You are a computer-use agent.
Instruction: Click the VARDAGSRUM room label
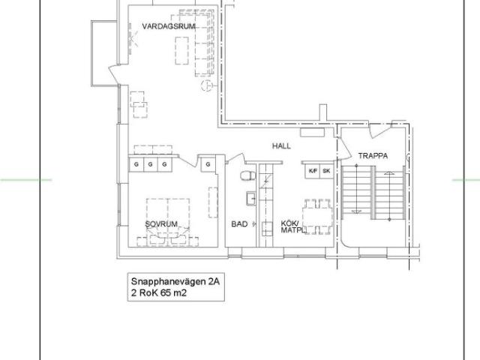coord(169,26)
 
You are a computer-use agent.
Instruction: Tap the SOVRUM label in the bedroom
coord(161,224)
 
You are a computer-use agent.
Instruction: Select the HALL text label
coord(282,146)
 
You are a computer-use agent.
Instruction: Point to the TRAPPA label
coord(373,156)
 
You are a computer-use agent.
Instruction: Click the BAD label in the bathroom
coord(239,224)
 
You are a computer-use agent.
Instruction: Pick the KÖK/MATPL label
coord(292,226)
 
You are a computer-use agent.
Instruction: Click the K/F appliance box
coord(313,171)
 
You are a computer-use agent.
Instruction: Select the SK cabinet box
coord(327,171)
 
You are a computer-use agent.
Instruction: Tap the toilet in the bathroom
coord(247,176)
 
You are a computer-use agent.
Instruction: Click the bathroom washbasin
coord(251,199)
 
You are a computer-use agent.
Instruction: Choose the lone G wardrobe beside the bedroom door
coord(208,164)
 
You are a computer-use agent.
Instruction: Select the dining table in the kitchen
coord(317,217)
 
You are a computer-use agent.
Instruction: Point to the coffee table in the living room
coord(181,50)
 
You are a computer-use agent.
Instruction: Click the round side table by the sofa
coord(207,85)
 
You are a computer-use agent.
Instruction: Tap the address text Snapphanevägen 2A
coord(175,281)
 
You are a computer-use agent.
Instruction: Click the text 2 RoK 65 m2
coord(159,293)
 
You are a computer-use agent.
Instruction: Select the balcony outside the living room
coord(103,53)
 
